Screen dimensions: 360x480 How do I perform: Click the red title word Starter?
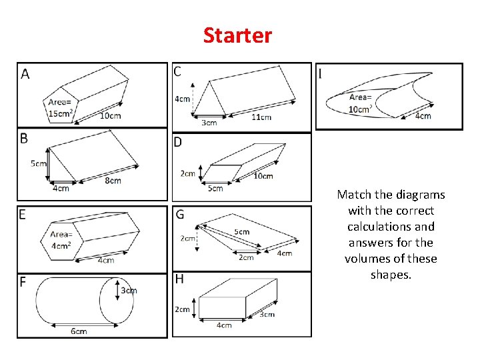pos(238,35)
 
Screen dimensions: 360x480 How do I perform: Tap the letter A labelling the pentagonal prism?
pos(25,73)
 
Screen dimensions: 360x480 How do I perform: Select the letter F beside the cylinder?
pos(23,283)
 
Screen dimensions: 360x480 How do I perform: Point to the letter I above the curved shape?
pos(321,73)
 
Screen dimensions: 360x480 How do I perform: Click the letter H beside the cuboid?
pos(179,279)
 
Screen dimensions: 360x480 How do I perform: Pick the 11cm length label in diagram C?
pos(261,117)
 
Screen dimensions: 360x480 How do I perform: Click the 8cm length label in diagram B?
pos(113,180)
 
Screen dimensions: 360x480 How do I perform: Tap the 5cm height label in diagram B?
pos(39,164)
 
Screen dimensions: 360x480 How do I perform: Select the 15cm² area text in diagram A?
pos(61,113)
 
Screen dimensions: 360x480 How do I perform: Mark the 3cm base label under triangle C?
pos(209,123)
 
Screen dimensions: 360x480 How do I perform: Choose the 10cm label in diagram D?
pos(263,176)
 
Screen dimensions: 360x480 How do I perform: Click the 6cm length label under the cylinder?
pos(79,331)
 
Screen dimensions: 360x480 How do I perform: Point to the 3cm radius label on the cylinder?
pos(129,290)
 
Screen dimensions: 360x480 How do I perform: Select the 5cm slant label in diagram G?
pos(242,232)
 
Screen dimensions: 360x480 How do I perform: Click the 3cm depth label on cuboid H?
pos(267,314)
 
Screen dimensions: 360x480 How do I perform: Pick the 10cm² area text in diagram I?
pos(360,109)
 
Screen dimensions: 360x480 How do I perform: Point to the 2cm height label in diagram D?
pos(188,174)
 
